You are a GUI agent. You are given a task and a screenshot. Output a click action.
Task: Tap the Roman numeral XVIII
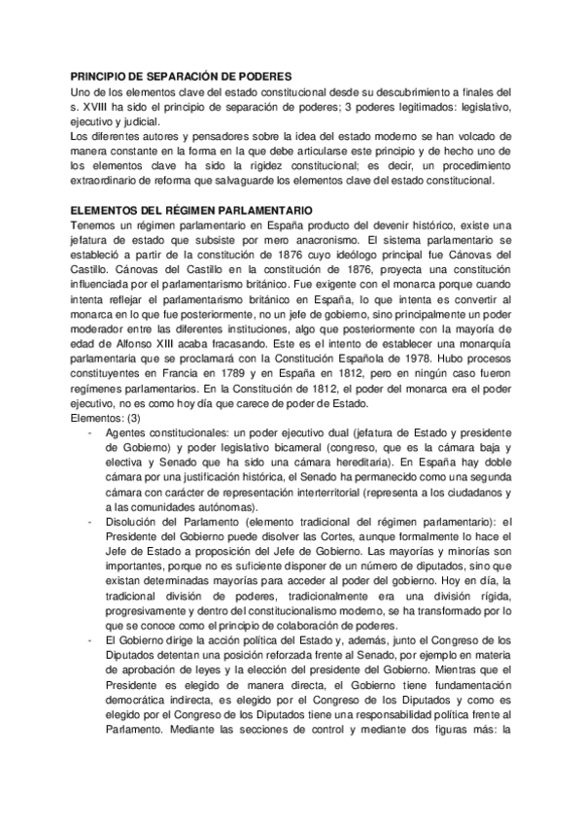pyautogui.click(x=99, y=103)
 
